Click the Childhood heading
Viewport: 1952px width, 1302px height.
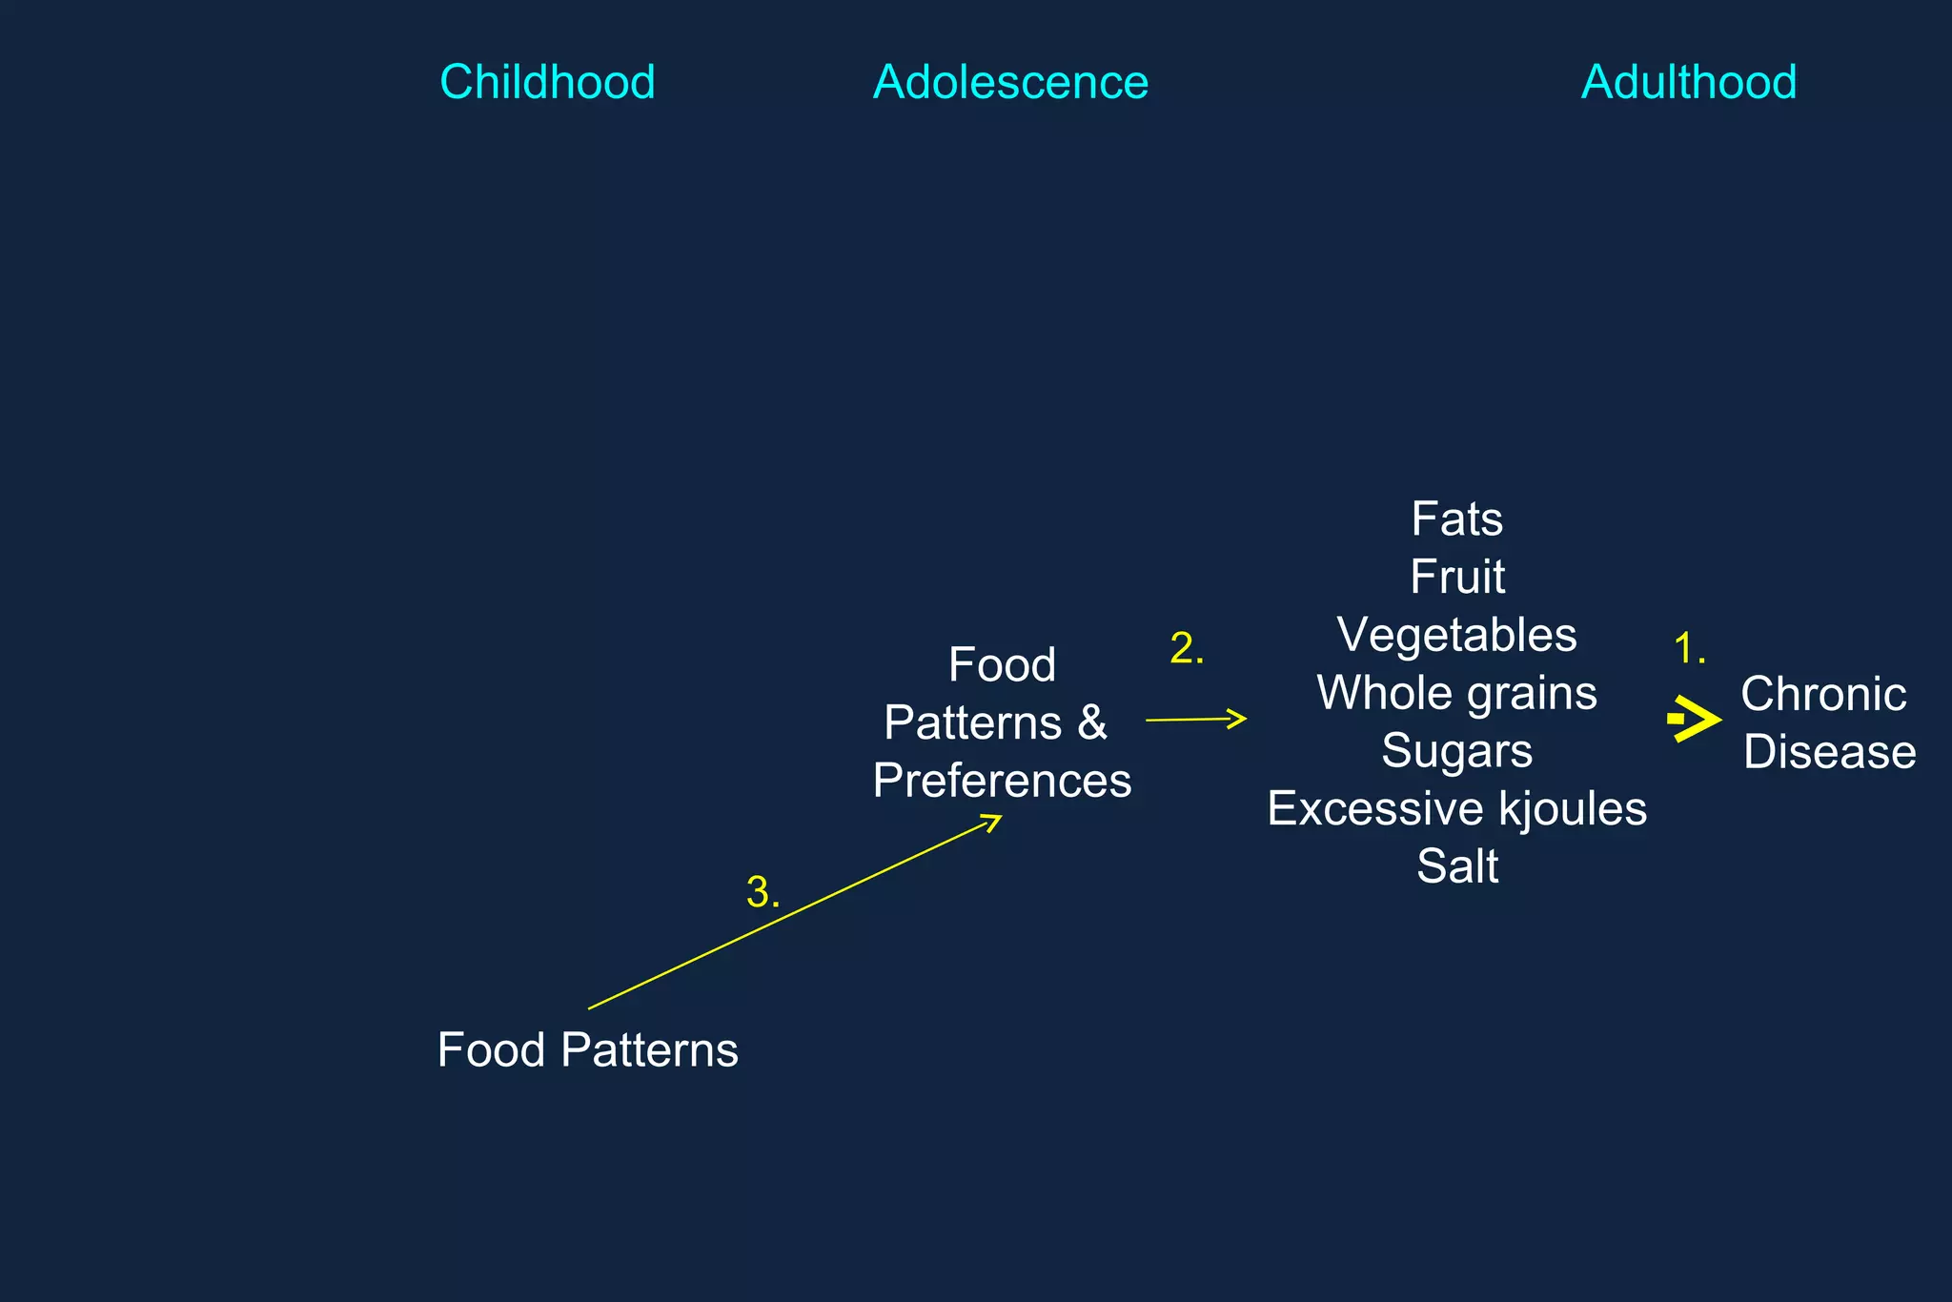547,82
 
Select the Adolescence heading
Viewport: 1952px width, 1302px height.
1010,82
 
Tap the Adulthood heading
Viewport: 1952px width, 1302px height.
1689,82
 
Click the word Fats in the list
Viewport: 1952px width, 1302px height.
1456,519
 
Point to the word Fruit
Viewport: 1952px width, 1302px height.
1457,577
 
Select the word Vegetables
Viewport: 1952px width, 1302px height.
1456,635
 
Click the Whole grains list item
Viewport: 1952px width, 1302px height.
1456,693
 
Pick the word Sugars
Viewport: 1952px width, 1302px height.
1456,751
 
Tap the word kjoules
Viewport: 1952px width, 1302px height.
1572,809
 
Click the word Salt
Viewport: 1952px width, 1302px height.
1457,866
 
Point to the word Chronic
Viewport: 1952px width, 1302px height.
1823,694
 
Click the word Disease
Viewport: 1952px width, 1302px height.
1829,752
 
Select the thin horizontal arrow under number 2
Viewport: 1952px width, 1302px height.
1195,720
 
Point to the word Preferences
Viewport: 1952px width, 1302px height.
1002,781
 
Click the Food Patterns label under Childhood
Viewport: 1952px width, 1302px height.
587,1050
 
